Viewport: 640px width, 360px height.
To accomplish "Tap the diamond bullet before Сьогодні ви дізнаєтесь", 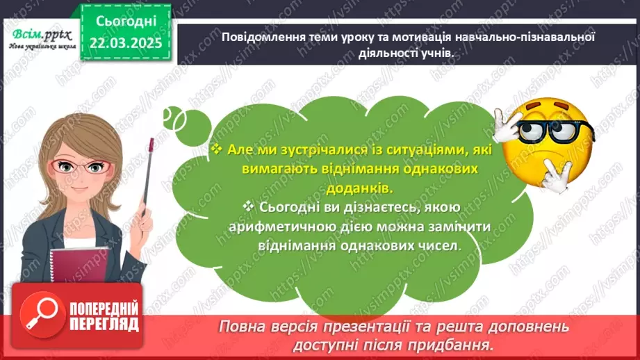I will pos(249,207).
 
